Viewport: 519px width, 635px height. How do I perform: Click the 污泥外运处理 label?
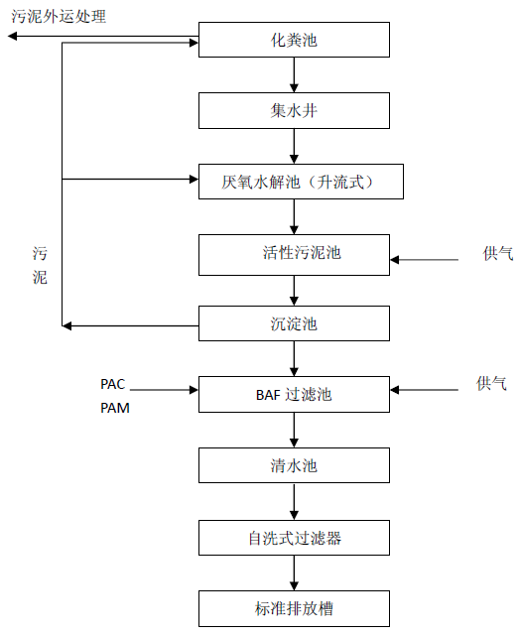59,17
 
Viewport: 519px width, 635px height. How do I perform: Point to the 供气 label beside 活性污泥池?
498,254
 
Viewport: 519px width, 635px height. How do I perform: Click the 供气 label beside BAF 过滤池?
491,383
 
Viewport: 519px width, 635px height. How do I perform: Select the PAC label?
113,384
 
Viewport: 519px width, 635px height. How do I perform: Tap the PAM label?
115,408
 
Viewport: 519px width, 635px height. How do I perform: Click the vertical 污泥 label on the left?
40,266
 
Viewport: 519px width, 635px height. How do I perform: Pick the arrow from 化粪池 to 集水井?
294,75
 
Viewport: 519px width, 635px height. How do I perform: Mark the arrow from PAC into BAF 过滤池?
164,390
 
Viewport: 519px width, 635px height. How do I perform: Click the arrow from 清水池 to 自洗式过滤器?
294,502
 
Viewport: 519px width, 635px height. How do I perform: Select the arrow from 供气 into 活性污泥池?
424,260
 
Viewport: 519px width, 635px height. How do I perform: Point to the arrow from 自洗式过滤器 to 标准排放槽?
294,573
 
